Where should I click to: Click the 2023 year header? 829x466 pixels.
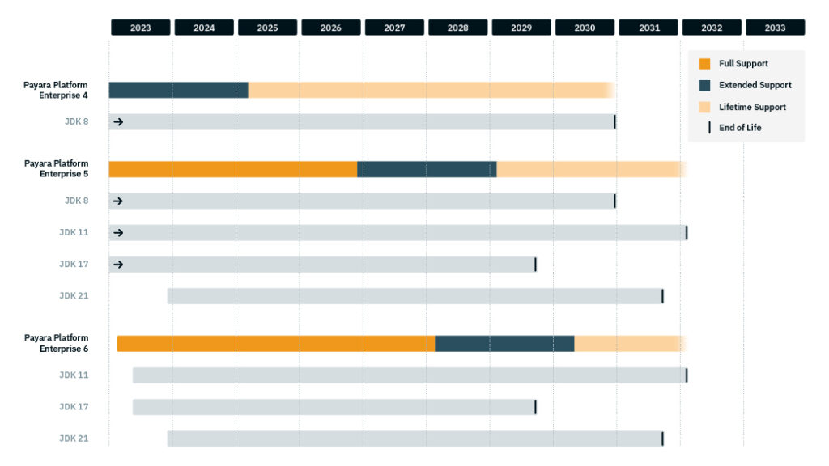(x=140, y=28)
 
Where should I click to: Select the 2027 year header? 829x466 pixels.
(x=394, y=28)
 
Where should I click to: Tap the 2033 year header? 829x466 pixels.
(x=775, y=28)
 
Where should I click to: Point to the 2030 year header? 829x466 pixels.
(x=585, y=28)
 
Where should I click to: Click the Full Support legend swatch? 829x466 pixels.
(x=704, y=64)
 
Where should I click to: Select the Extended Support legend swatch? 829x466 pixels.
(x=704, y=85)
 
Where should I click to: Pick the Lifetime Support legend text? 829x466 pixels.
(x=752, y=107)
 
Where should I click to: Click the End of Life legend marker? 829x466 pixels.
(x=709, y=128)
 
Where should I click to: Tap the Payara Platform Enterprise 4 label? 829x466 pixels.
(x=56, y=90)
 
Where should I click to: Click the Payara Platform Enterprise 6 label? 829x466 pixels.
(x=56, y=343)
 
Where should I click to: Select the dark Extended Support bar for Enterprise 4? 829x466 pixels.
(x=178, y=90)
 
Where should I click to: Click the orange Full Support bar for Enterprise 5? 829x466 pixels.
(x=233, y=169)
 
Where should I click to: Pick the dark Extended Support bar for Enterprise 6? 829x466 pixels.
(x=504, y=344)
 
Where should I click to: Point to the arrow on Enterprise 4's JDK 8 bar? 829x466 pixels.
(x=118, y=122)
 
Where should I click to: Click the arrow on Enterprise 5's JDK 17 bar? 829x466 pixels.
(x=118, y=265)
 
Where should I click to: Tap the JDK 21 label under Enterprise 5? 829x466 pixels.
(x=74, y=295)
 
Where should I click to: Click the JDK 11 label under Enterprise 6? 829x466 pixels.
(x=74, y=375)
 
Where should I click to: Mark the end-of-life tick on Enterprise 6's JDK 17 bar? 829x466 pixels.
(x=535, y=407)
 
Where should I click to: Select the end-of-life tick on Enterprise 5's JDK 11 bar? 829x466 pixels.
(x=687, y=233)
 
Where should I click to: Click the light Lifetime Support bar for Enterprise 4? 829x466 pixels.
(x=429, y=90)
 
